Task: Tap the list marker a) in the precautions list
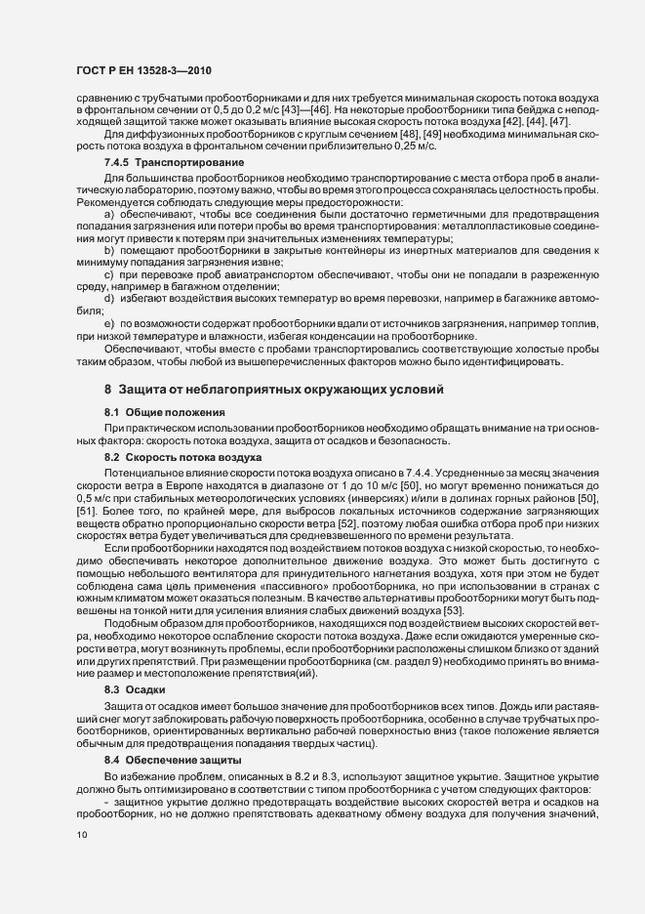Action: (x=110, y=212)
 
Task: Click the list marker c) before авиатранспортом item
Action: (x=110, y=275)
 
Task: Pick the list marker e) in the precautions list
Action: (x=110, y=321)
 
